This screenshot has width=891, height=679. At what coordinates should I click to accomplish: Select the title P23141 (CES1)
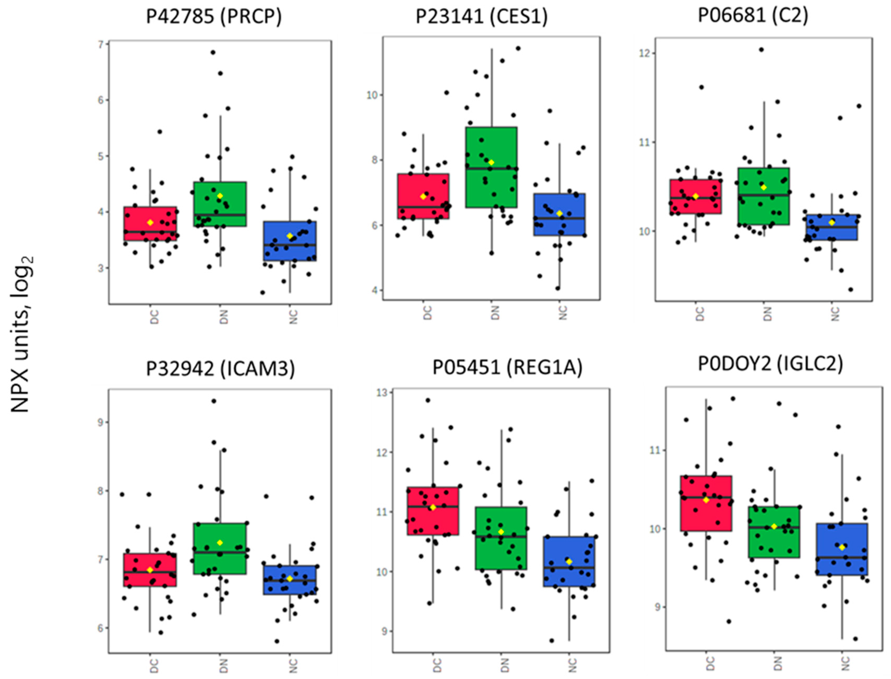(482, 17)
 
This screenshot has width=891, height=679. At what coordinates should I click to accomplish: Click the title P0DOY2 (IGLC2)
(771, 364)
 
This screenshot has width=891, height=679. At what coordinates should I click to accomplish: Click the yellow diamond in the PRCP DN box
(220, 196)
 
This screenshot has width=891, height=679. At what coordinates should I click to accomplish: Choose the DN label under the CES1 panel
(495, 313)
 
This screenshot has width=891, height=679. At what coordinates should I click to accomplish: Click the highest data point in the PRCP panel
(213, 52)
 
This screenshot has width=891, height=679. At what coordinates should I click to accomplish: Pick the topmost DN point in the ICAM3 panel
(214, 401)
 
